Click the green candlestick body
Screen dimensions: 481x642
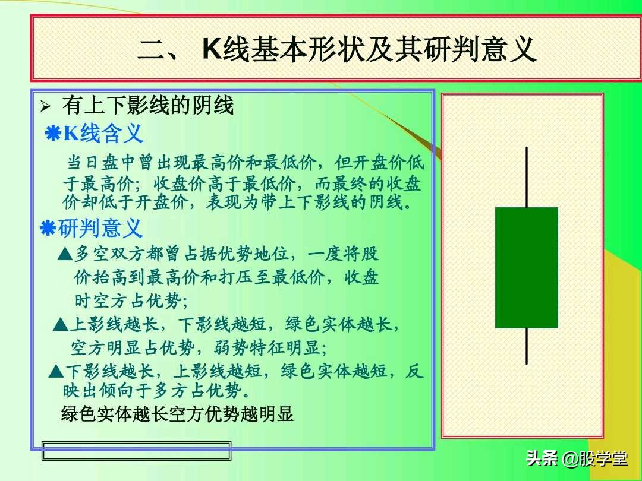[x=526, y=267]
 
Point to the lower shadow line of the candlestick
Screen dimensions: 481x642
[x=527, y=346]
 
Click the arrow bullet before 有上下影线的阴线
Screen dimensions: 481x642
[x=46, y=107]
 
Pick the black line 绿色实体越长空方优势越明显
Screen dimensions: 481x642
[x=177, y=414]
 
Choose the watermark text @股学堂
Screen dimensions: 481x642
[x=594, y=459]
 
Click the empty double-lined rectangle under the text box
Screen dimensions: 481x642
[x=136, y=451]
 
